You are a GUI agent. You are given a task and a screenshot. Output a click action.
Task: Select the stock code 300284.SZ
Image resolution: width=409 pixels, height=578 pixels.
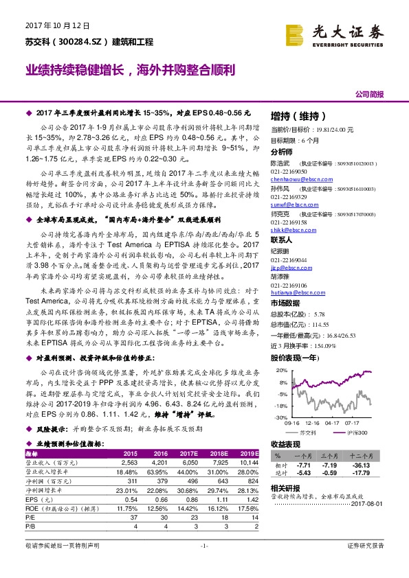[80, 42]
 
